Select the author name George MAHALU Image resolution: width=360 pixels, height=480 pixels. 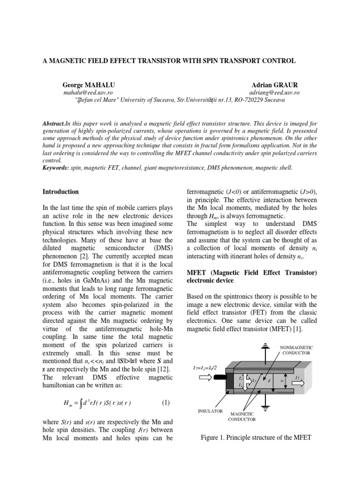click(88, 85)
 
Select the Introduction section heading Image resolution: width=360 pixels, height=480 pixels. click(60, 192)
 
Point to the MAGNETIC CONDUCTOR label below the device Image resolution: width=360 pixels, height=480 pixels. click(241, 417)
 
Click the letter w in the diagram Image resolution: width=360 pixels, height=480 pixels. click(282, 380)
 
